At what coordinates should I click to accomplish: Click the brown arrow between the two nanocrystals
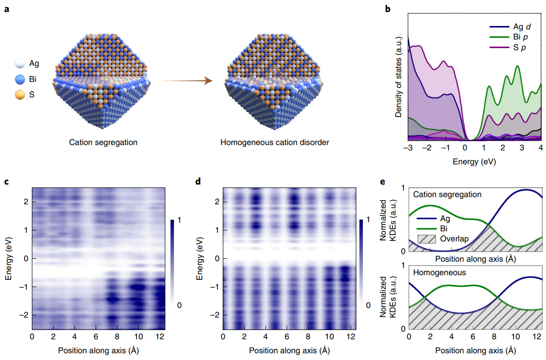click(x=188, y=80)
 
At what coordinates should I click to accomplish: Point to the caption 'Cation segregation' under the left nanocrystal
click(x=103, y=142)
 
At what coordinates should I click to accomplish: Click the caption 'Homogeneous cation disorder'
click(x=275, y=142)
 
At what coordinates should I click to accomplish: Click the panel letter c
click(x=6, y=182)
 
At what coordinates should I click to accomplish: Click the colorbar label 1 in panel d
click(x=368, y=220)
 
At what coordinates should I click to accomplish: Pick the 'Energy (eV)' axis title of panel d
click(x=199, y=258)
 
